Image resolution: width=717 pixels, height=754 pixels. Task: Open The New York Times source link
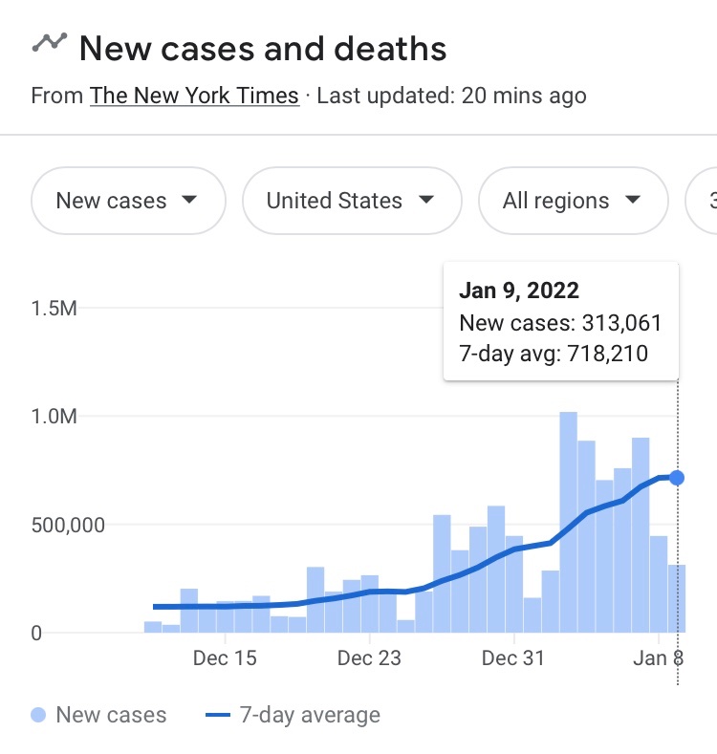pos(194,97)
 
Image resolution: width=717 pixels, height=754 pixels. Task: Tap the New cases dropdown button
pos(128,201)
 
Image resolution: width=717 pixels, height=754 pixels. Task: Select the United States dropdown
pos(351,201)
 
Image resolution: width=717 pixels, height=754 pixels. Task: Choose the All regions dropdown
pos(572,201)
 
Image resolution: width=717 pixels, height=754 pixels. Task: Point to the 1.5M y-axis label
pos(54,309)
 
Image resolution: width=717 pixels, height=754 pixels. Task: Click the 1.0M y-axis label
pos(54,417)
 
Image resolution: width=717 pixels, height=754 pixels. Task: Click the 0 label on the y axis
pos(35,633)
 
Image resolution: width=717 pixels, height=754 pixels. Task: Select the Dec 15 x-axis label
pos(225,658)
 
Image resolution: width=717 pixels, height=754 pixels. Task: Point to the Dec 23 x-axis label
pos(369,658)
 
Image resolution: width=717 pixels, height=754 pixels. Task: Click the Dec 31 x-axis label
pos(513,658)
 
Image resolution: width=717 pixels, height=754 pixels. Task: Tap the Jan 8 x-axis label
pos(658,658)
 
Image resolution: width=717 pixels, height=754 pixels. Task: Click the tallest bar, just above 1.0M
pos(568,522)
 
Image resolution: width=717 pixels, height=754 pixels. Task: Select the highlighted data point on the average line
pos(677,477)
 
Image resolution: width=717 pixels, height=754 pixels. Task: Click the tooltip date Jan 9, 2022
pos(519,291)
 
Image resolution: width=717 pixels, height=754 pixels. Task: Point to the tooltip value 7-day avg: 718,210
pos(554,354)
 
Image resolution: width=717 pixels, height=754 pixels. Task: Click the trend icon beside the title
pos(49,42)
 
